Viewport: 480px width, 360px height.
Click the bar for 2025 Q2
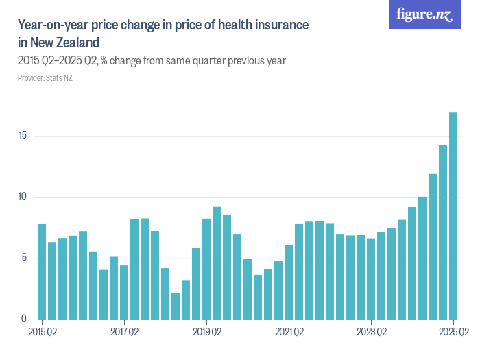click(x=453, y=217)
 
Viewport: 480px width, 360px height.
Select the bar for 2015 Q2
click(x=42, y=272)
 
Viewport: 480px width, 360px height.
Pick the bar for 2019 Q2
click(x=206, y=269)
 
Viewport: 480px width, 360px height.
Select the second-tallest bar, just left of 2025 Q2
click(x=443, y=232)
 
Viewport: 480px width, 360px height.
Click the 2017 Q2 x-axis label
click(x=124, y=333)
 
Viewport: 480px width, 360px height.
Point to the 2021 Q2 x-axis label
click(x=289, y=333)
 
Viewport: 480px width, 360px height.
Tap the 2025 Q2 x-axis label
click(x=453, y=333)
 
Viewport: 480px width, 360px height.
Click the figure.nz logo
click(x=424, y=14)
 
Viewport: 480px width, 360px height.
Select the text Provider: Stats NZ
click(x=45, y=78)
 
